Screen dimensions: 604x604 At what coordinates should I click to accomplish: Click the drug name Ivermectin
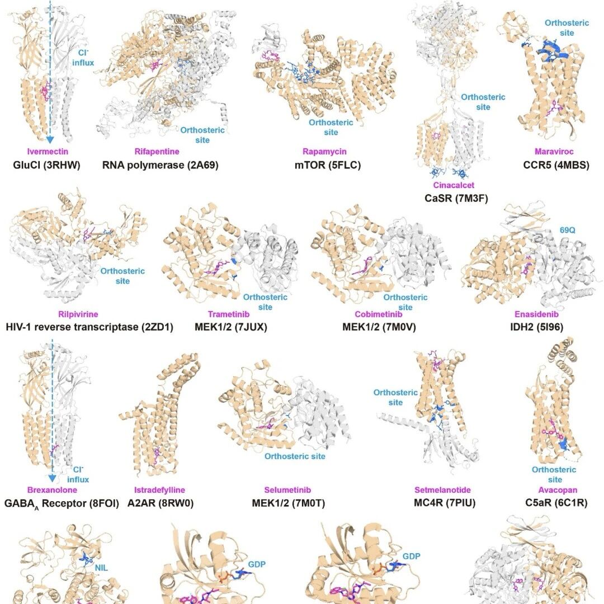[x=48, y=152]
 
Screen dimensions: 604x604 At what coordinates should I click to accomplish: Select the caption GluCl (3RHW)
[x=46, y=165]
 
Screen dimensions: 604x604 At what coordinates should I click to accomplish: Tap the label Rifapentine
[x=157, y=152]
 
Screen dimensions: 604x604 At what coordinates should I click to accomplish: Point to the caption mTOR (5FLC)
[x=328, y=165]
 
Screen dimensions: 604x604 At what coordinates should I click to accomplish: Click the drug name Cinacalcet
[x=454, y=185]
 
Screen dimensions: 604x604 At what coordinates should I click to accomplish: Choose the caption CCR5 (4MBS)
[x=556, y=165]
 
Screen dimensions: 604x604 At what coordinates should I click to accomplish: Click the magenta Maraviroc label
[x=554, y=152]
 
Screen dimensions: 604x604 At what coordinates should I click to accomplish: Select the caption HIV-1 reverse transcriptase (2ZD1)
[x=89, y=327]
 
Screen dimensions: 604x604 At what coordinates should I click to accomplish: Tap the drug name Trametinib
[x=229, y=314]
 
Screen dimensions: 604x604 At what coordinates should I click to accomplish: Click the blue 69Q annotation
[x=568, y=230]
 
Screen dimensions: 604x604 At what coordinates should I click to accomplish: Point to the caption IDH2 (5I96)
[x=536, y=327]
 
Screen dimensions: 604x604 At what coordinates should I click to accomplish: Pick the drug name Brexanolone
[x=52, y=490]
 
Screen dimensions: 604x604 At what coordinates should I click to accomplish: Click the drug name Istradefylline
[x=159, y=490]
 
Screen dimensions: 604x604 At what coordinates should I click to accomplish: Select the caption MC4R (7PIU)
[x=445, y=503]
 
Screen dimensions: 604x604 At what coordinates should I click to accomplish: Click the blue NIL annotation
[x=101, y=568]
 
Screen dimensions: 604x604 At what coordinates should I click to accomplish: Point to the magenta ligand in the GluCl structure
[x=46, y=92]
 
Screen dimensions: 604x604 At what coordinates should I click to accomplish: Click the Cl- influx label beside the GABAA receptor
[x=78, y=475]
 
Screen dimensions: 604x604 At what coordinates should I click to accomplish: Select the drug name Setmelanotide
[x=442, y=490]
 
